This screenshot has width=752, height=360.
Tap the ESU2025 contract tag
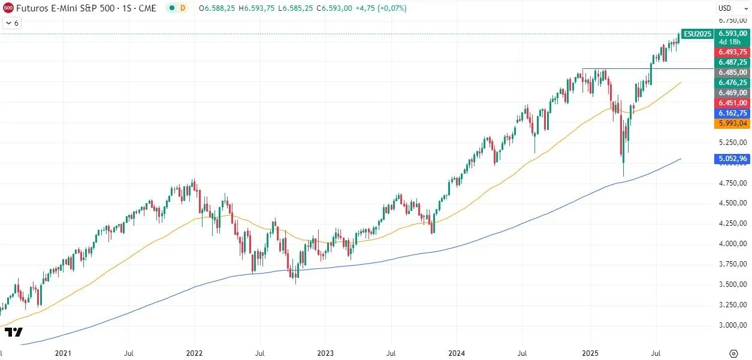pos(697,34)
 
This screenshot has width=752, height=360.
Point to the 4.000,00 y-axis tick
pos(733,244)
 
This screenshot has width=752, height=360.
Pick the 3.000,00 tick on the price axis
pos(733,325)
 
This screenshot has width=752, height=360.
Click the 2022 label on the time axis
pos(194,354)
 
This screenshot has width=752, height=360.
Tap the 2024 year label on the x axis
pos(457,354)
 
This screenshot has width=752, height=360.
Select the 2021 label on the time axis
pos(63,354)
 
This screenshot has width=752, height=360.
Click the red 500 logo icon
pos(8,8)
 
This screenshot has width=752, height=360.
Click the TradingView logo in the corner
pos(13,332)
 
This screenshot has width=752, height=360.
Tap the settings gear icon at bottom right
pos(733,353)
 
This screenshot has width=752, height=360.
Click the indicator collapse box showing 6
pos(12,23)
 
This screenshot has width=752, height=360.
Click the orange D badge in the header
pos(183,8)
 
